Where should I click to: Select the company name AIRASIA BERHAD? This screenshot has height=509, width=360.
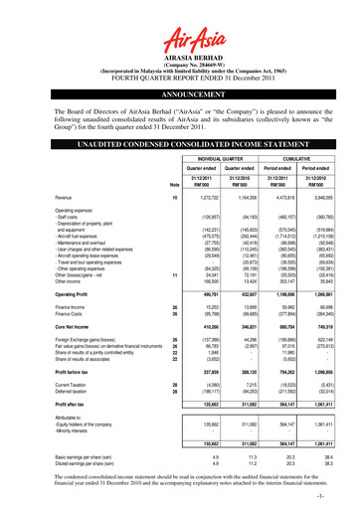[179, 59]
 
